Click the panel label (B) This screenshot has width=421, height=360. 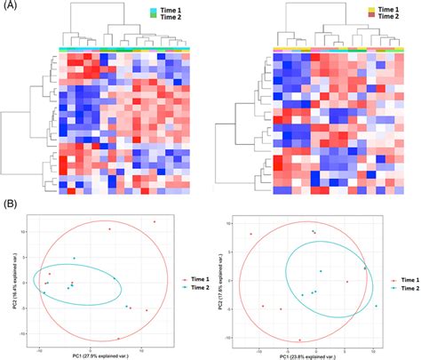pyautogui.click(x=8, y=204)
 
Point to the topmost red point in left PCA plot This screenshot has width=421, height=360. pyautogui.click(x=154, y=221)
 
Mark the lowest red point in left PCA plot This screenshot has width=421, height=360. pyautogui.click(x=118, y=339)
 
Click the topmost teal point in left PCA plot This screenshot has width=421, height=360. pyautogui.click(x=75, y=259)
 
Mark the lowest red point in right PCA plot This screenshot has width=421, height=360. pyautogui.click(x=299, y=340)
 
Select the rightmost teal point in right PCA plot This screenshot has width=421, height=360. pyautogui.click(x=377, y=306)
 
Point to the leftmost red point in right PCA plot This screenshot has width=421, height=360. pyautogui.click(x=251, y=235)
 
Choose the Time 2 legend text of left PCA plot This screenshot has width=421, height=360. pyautogui.click(x=198, y=289)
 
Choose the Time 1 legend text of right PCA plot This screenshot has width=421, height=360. pyautogui.click(x=408, y=279)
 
